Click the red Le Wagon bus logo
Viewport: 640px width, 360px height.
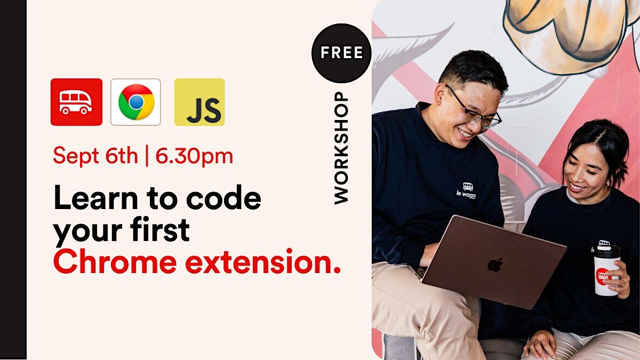76,102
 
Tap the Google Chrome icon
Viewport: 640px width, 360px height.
135,102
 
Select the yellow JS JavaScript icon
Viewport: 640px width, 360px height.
199,102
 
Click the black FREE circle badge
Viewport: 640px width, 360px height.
341,53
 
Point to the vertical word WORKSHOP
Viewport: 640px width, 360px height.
341,148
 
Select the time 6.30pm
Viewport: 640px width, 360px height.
194,156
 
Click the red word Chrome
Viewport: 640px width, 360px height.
113,262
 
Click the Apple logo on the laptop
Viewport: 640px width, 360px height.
495,265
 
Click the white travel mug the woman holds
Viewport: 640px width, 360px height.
606,270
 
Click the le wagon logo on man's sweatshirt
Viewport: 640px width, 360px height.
466,190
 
